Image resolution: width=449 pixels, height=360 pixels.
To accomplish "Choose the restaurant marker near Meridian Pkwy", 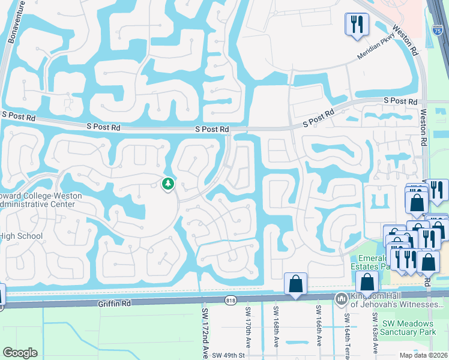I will pos(356,25).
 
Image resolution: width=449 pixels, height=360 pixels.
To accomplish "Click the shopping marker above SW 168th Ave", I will pos(295,283).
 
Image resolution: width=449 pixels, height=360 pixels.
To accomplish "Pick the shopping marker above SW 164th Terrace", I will pos(367,283).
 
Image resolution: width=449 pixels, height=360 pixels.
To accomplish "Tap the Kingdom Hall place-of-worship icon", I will pos(341,298).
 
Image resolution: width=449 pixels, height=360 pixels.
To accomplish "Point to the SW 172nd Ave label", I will pos(204,333).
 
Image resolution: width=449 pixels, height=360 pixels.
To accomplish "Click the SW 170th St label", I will pos(247,329).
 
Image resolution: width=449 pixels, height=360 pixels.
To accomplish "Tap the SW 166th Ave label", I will pos(318,330).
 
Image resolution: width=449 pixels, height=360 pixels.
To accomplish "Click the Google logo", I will pos(20,352).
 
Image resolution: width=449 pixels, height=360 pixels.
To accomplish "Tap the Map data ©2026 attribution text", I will pos(423,355).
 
